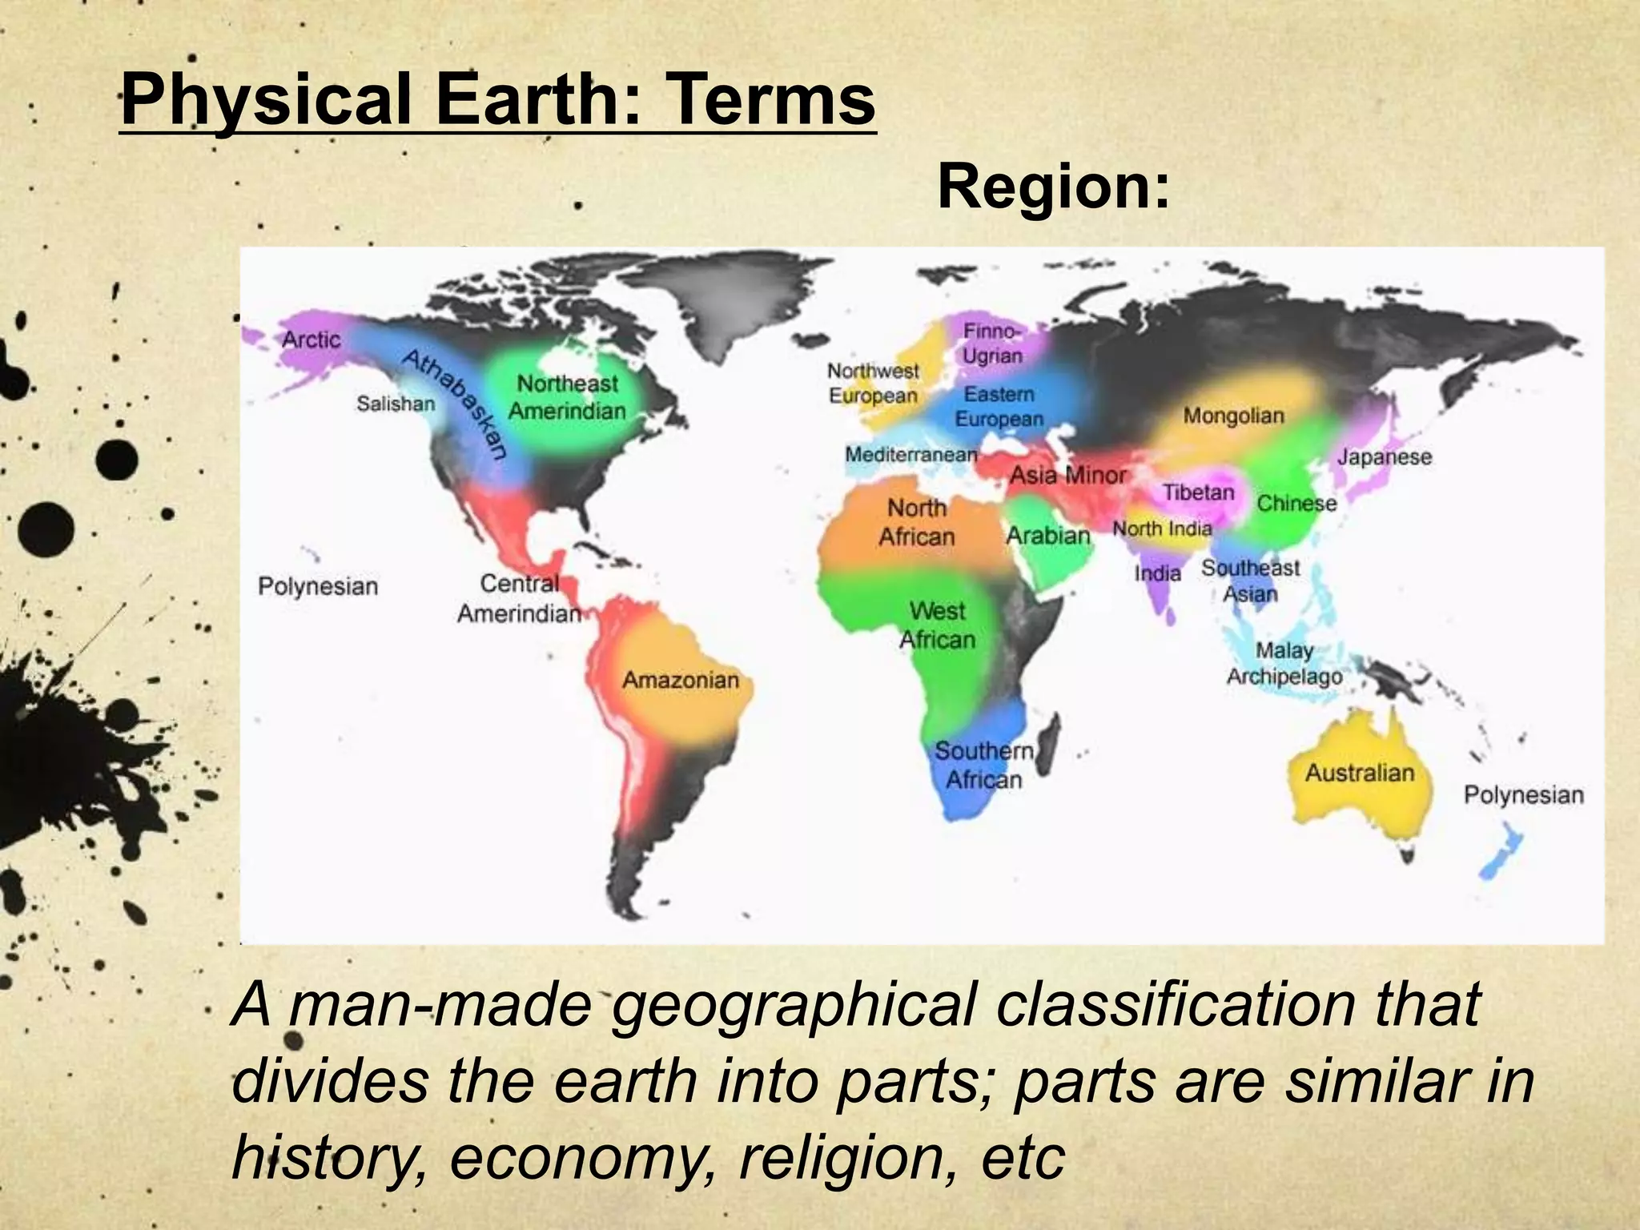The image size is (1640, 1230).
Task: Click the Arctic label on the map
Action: [311, 340]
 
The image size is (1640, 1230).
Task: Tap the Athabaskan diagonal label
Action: [454, 404]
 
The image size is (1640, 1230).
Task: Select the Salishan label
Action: [396, 404]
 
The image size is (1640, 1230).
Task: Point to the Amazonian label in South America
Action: [681, 680]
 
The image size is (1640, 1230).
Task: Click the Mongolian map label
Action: [1233, 416]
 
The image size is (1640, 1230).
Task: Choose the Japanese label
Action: [1385, 457]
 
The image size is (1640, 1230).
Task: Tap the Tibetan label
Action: [1198, 492]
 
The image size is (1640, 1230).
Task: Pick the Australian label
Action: [1360, 773]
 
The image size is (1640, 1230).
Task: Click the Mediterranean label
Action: [911, 454]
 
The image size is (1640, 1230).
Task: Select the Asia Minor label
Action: [1067, 475]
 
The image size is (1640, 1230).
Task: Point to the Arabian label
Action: [1048, 535]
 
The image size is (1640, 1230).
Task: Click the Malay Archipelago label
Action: [1284, 663]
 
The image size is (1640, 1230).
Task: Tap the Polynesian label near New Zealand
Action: [1523, 794]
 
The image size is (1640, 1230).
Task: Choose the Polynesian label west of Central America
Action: [318, 586]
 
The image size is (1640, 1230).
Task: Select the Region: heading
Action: [1053, 187]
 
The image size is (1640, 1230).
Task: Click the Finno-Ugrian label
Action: [992, 343]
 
